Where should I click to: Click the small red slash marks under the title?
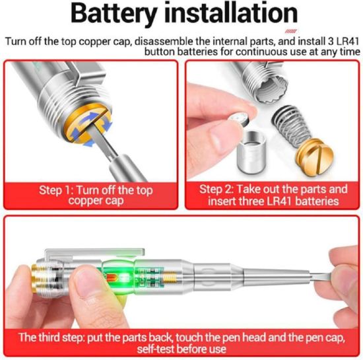point(288,31)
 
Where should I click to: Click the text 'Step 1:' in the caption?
point(56,190)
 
